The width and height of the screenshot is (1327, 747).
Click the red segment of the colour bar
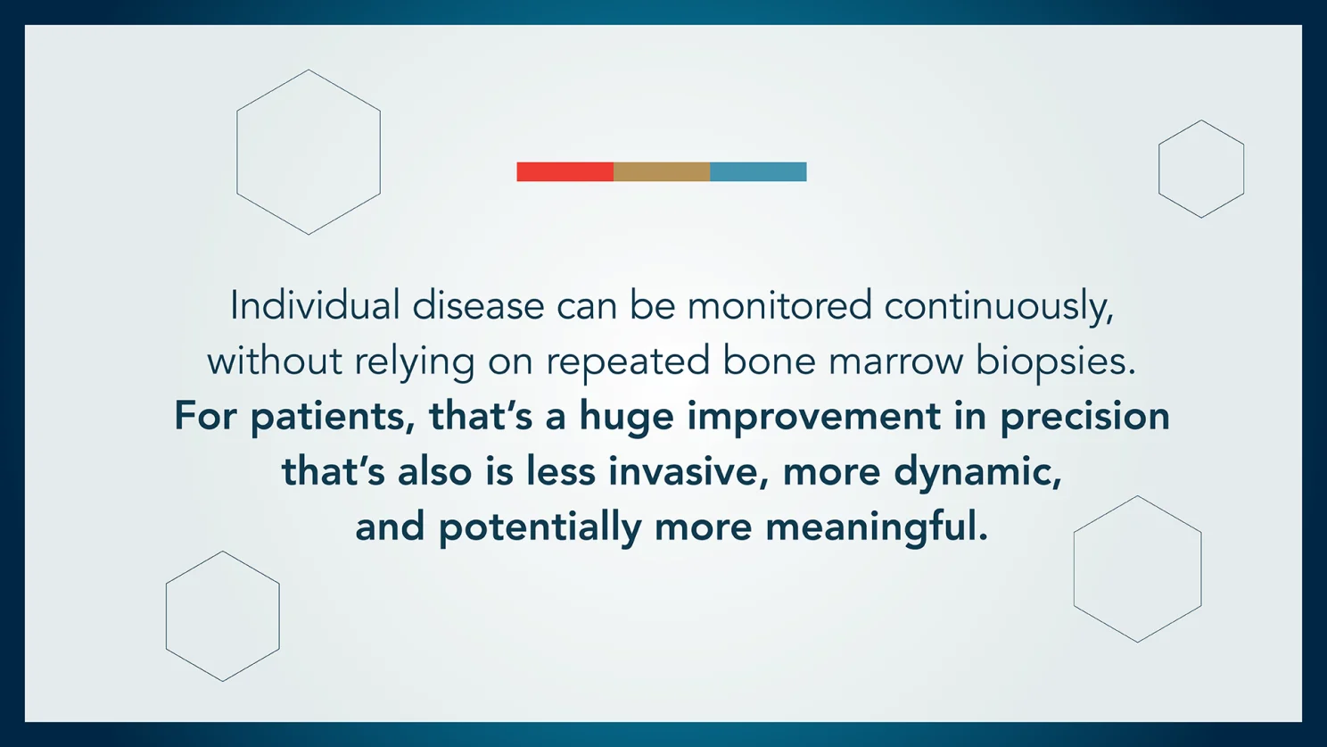(x=565, y=171)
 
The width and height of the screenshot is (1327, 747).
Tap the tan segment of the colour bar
(x=662, y=171)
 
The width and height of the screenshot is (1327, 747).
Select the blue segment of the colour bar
(x=758, y=171)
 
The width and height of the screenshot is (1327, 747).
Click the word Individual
(x=315, y=305)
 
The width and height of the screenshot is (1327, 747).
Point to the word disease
(x=478, y=305)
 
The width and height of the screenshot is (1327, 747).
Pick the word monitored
(x=779, y=305)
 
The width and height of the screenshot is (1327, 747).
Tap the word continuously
(x=999, y=307)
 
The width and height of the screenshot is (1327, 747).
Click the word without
(x=275, y=361)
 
